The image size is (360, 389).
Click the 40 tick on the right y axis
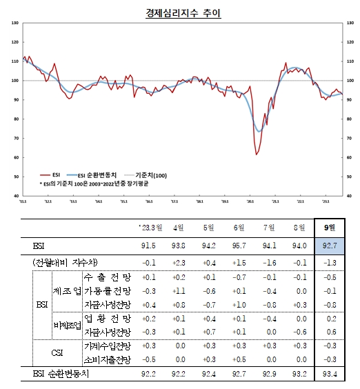pos(349,196)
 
